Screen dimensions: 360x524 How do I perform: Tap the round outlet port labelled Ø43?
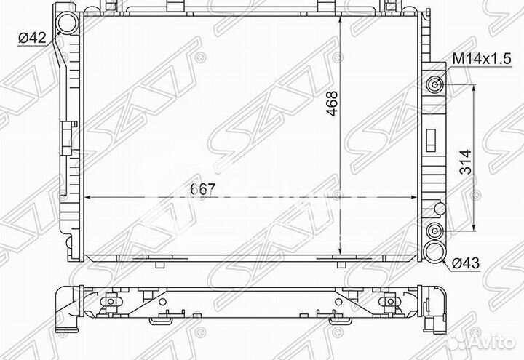[436, 251]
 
